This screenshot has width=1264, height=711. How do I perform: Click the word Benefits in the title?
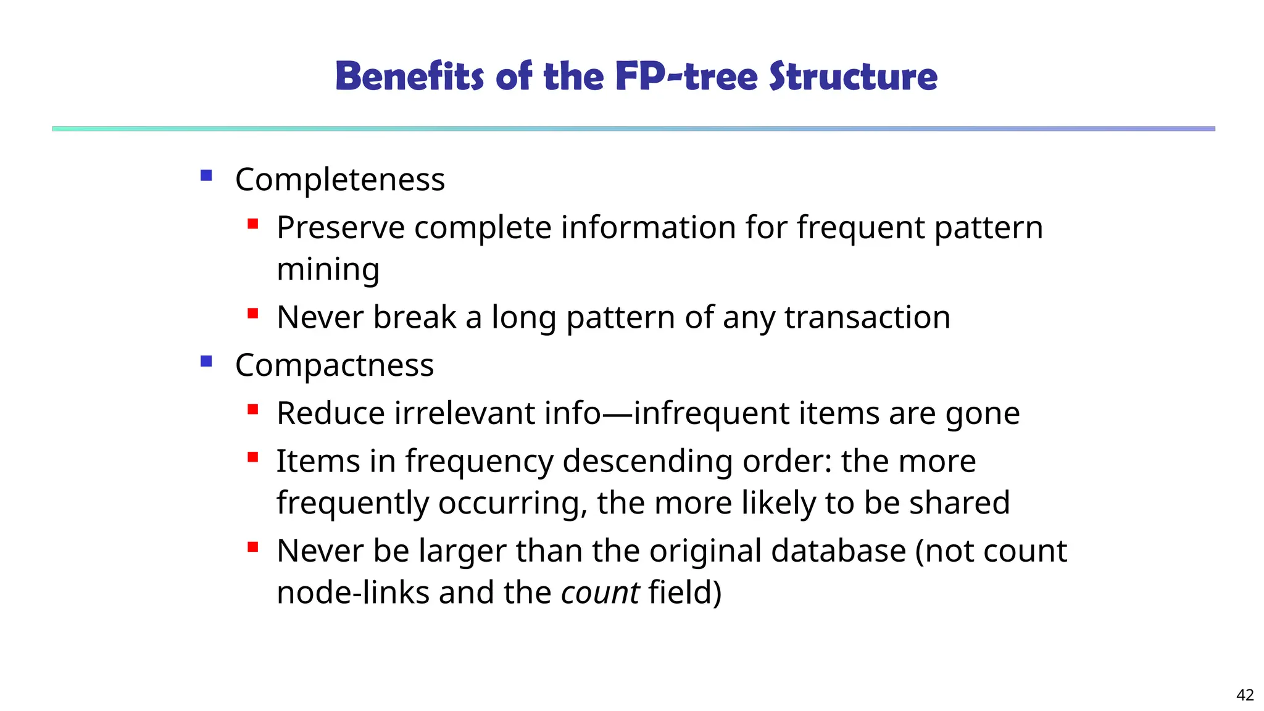tap(409, 77)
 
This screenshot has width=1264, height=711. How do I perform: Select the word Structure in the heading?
tap(853, 77)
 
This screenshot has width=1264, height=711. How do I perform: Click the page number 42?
tap(1245, 695)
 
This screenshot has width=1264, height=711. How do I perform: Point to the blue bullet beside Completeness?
tap(206, 176)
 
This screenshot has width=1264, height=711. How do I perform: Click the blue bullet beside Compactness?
tap(206, 361)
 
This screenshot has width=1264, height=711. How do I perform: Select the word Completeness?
tap(339, 180)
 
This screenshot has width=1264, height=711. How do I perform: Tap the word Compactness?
tap(335, 365)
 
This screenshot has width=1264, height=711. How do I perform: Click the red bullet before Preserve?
tap(252, 223)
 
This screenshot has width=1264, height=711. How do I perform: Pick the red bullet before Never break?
tap(252, 314)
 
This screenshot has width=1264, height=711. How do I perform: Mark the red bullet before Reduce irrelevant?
tap(252, 409)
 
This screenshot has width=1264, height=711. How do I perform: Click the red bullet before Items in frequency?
tap(252, 457)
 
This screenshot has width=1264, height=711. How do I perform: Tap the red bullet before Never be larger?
tap(252, 547)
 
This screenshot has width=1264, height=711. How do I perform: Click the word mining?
tap(328, 270)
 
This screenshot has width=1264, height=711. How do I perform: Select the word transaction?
tap(867, 317)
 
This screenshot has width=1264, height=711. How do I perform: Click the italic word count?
tap(600, 592)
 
